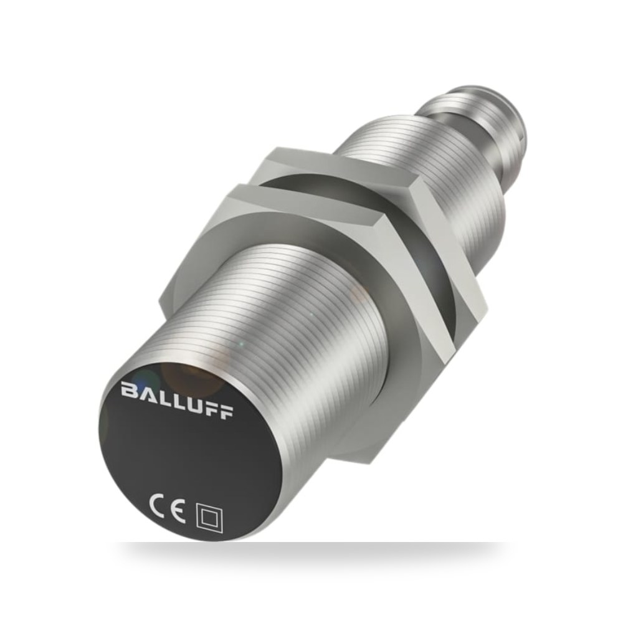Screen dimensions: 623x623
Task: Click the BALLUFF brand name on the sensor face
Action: pos(177,400)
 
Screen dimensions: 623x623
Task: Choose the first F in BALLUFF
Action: pos(211,407)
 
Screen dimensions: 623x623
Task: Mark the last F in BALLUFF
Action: pos(226,411)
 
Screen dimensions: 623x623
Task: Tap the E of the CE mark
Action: pos(177,511)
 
